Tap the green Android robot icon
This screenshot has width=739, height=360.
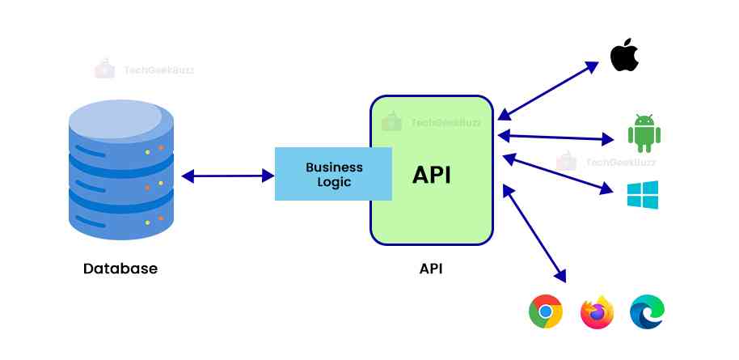tap(644, 133)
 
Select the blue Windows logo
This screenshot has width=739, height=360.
tap(643, 195)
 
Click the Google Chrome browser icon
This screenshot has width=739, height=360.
tap(546, 311)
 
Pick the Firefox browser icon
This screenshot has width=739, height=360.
tap(597, 312)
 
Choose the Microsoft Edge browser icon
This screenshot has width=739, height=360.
tap(647, 311)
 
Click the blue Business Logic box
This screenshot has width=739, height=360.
tap(332, 174)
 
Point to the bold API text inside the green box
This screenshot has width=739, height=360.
tap(432, 175)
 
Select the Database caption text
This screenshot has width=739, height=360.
tap(120, 268)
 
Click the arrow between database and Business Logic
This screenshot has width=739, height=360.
tap(228, 175)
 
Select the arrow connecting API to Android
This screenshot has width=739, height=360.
tap(557, 135)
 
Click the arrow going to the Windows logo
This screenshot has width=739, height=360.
tap(557, 174)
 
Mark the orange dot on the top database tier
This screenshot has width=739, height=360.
tap(161, 147)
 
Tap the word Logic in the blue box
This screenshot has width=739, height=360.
tap(334, 182)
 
